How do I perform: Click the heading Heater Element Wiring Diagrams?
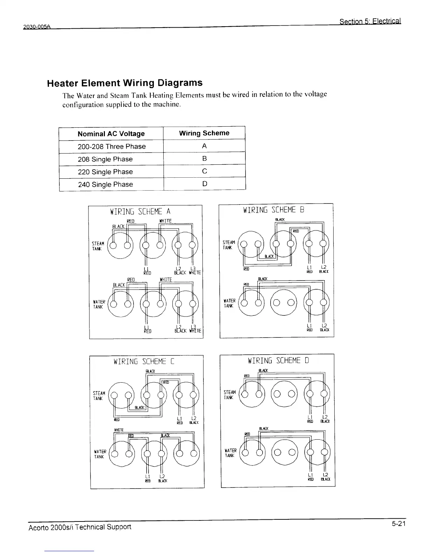[124, 83]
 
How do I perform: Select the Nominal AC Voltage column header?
[111, 134]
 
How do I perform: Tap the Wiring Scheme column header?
[204, 133]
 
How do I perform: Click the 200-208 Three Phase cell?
[112, 147]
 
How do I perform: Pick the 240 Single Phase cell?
[105, 184]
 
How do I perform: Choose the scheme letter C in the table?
[205, 171]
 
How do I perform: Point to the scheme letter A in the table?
[204, 146]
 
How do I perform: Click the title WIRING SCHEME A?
[140, 212]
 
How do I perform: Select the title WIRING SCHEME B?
[273, 210]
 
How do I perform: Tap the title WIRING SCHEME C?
[144, 362]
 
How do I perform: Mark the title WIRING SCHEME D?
[278, 361]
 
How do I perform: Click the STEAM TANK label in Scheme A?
[98, 246]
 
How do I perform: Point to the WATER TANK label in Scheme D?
[230, 453]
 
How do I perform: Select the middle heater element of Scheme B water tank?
[283, 303]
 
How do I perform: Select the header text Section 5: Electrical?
[370, 21]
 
